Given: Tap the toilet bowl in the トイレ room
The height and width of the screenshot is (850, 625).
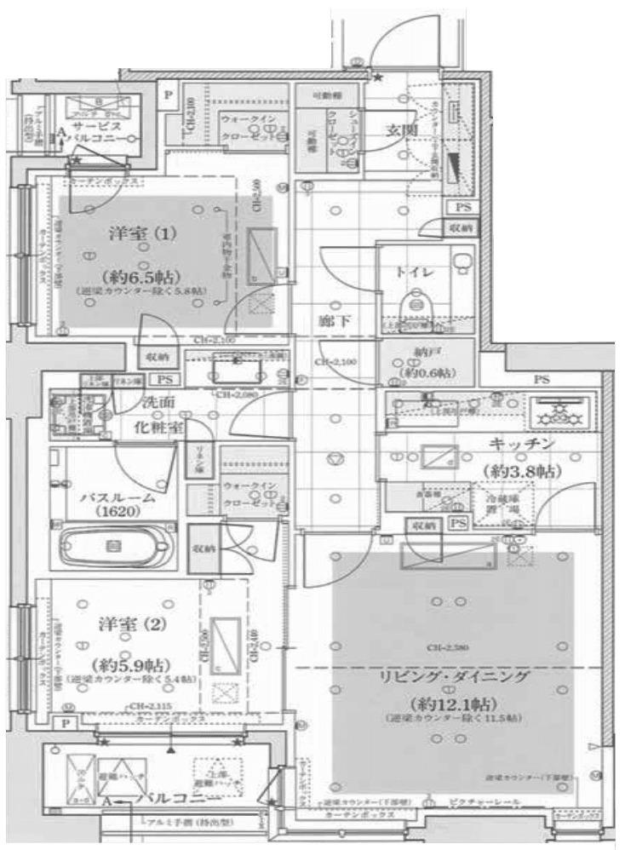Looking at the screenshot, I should (x=417, y=303).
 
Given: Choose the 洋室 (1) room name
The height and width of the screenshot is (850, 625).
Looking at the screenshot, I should (x=137, y=233).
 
